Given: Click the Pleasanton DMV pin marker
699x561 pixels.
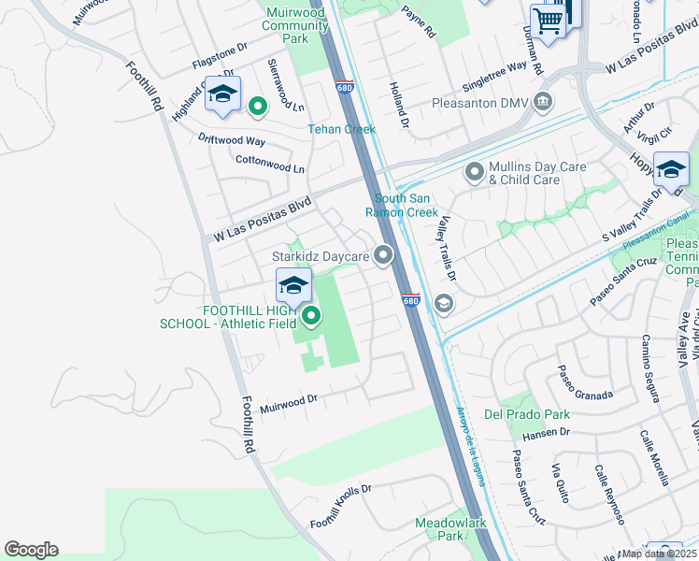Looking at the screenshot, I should point(543,102).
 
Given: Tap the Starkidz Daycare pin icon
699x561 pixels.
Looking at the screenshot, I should point(382,254).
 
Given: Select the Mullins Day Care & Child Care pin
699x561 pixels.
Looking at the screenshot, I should point(476,172).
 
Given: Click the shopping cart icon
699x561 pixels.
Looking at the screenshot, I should point(548,21).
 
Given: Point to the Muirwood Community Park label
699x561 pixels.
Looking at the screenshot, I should point(295,25).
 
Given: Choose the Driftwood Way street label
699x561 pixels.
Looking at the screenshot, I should point(231,139).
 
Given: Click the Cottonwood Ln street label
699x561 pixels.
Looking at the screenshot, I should point(269,165).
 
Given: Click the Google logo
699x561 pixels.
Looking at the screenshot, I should point(31,550).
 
